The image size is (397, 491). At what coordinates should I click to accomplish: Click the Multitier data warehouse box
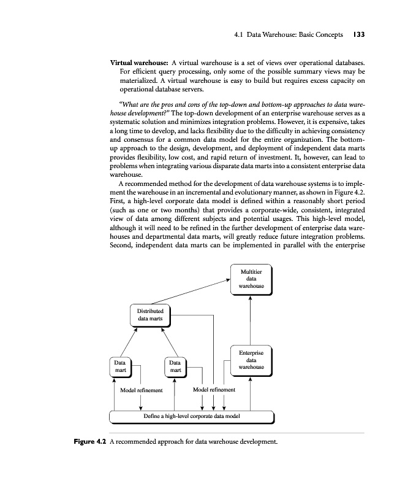[x=251, y=280]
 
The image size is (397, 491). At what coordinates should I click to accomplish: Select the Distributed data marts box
[x=150, y=315]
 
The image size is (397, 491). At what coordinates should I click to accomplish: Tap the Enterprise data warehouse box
[x=251, y=360]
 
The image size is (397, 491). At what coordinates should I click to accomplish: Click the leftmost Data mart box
[x=120, y=367]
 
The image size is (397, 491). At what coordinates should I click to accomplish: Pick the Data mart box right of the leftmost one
[x=175, y=367]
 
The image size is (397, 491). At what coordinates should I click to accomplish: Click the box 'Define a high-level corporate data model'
[x=191, y=416]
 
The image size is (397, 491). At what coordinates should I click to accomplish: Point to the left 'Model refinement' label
[x=142, y=390]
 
